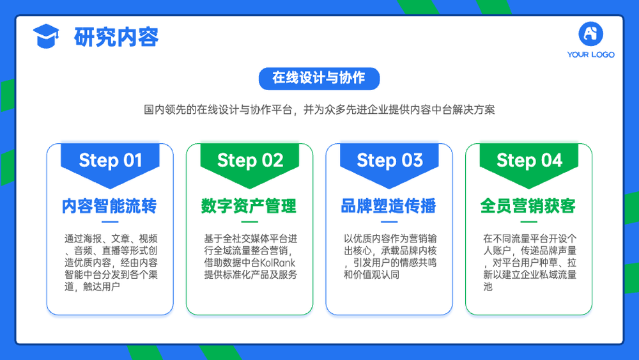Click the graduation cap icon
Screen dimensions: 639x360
tap(46, 36)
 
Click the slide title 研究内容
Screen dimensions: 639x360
tap(116, 37)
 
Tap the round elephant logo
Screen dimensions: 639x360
tap(590, 34)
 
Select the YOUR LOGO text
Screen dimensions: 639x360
tap(590, 54)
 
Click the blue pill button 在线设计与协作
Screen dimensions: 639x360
tap(319, 78)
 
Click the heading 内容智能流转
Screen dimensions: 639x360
tap(109, 206)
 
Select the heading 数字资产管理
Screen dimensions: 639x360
tap(249, 206)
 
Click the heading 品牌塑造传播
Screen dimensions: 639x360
tap(389, 206)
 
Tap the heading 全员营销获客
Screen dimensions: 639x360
tap(528, 206)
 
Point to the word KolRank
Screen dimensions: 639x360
tap(277, 263)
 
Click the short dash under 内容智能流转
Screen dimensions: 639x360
tap(110, 222)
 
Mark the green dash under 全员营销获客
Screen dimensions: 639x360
tap(529, 222)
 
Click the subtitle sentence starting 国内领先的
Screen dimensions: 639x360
tap(319, 110)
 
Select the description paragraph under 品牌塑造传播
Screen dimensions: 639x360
tap(390, 256)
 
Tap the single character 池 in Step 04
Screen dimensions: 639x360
tap(488, 286)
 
